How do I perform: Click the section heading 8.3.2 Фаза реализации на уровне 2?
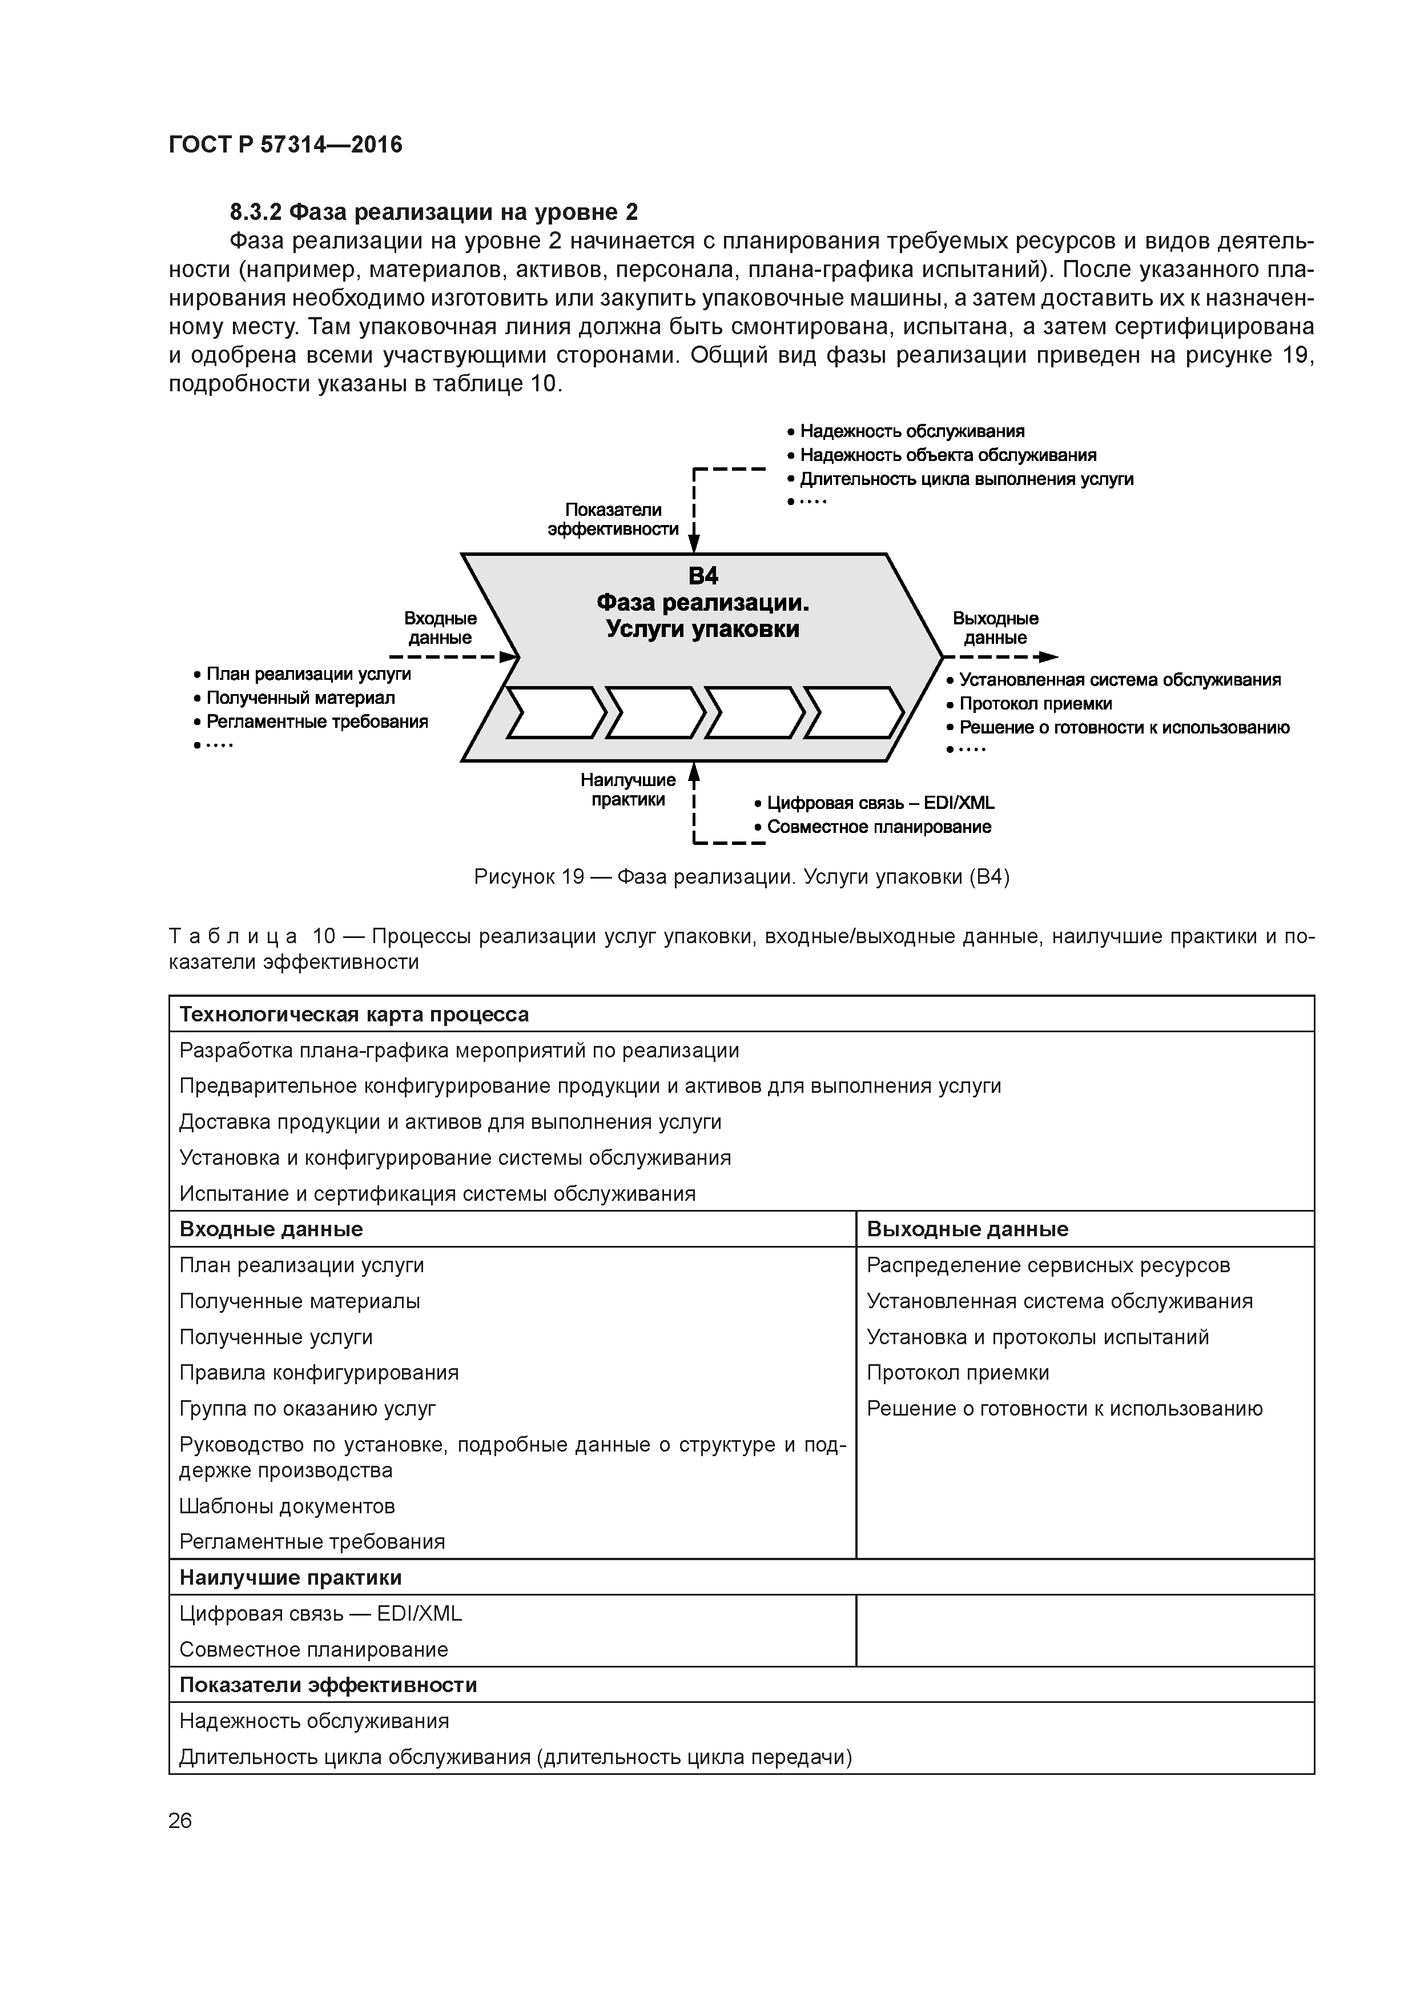pyautogui.click(x=433, y=212)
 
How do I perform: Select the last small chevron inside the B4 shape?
pyautogui.click(x=853, y=712)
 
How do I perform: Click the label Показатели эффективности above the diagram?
pyautogui.click(x=613, y=519)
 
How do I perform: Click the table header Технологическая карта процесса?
pyautogui.click(x=353, y=1014)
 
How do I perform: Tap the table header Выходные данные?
pyautogui.click(x=967, y=1229)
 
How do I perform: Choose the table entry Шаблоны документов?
pyautogui.click(x=287, y=1506)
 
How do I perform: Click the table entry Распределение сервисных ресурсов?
pyautogui.click(x=1048, y=1265)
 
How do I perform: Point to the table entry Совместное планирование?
pyautogui.click(x=313, y=1650)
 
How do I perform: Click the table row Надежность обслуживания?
pyautogui.click(x=314, y=1721)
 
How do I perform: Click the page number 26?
pyautogui.click(x=180, y=1821)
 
